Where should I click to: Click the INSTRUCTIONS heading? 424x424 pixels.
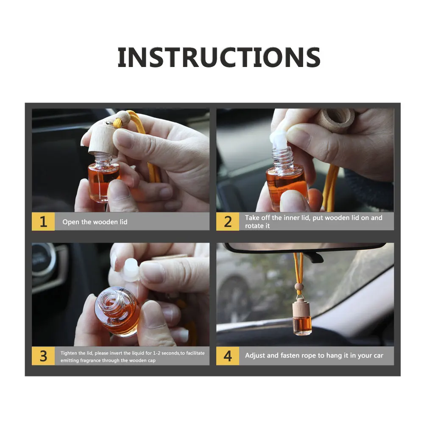219,57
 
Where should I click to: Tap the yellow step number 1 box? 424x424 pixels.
43,221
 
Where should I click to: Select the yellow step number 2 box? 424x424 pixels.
228,221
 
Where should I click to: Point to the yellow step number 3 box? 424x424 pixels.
43,356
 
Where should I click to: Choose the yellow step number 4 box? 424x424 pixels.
228,356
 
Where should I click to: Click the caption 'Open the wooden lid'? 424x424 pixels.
95,222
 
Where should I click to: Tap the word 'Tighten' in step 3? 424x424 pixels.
69,353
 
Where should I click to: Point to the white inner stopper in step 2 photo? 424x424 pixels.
279,139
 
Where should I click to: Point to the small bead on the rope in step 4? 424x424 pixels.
298,287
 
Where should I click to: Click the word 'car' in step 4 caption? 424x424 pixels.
378,356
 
